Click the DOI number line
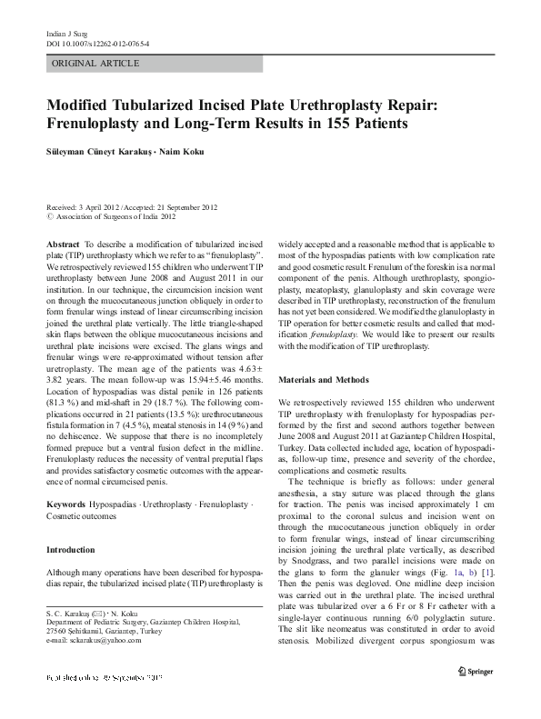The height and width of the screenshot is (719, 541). tap(97, 44)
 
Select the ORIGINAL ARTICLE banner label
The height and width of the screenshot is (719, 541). tap(96, 64)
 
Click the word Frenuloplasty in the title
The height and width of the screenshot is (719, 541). tap(107, 122)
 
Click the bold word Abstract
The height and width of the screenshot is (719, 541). tap(63, 245)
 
